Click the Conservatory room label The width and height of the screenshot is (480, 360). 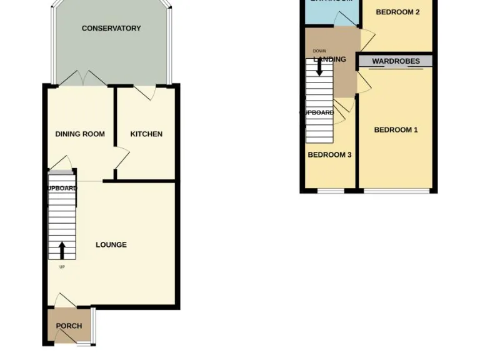pyautogui.click(x=111, y=28)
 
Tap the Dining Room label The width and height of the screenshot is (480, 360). pyautogui.click(x=80, y=134)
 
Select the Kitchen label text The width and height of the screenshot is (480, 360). pyautogui.click(x=146, y=134)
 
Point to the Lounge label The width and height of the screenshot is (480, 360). pyautogui.click(x=111, y=244)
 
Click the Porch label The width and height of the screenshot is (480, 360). pyautogui.click(x=69, y=326)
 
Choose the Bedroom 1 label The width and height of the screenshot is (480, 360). pyautogui.click(x=396, y=130)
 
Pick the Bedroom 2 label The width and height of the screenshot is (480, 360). pyautogui.click(x=397, y=12)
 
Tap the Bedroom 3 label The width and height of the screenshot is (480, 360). pyautogui.click(x=329, y=154)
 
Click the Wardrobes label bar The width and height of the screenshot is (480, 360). pyautogui.click(x=396, y=61)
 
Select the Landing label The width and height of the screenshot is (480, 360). pyautogui.click(x=329, y=59)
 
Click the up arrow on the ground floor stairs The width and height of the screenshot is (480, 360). pyautogui.click(x=62, y=251)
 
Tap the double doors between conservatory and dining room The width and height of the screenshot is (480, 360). pyautogui.click(x=82, y=79)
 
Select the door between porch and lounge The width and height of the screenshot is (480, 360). pyautogui.click(x=64, y=300)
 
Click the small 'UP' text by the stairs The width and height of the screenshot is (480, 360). pyautogui.click(x=62, y=267)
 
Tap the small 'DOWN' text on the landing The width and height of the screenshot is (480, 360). pyautogui.click(x=319, y=51)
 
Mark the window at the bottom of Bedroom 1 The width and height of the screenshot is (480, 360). pyautogui.click(x=397, y=190)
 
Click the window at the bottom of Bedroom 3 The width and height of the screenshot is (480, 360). pyautogui.click(x=330, y=190)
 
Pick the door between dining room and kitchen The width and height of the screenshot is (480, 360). pyautogui.click(x=121, y=158)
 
